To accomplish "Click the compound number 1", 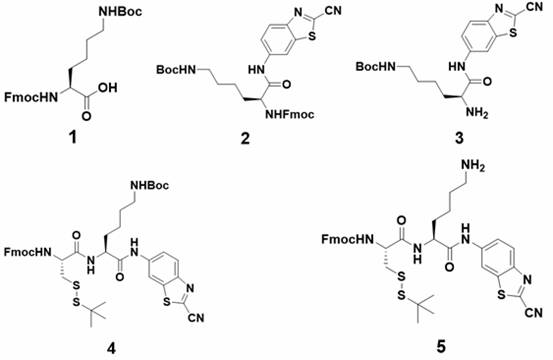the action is click(x=72, y=138).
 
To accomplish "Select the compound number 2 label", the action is click(x=245, y=138).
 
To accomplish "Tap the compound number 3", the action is click(x=459, y=138).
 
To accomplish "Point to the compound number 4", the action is click(x=111, y=348).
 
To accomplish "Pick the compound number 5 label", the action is click(x=441, y=347).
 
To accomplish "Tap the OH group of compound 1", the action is click(x=108, y=87).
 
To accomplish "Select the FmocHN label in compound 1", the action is click(x=31, y=97).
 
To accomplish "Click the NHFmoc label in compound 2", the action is click(x=290, y=114).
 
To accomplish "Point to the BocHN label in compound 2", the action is click(x=176, y=69).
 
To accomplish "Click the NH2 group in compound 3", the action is click(x=476, y=113).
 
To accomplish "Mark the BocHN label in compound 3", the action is click(x=375, y=66).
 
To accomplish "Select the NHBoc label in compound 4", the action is click(x=149, y=185).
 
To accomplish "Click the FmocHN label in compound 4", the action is click(x=28, y=252).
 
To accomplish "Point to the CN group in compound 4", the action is click(x=196, y=318).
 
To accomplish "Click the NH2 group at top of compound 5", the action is click(x=473, y=167).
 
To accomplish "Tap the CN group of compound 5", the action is click(x=534, y=312).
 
